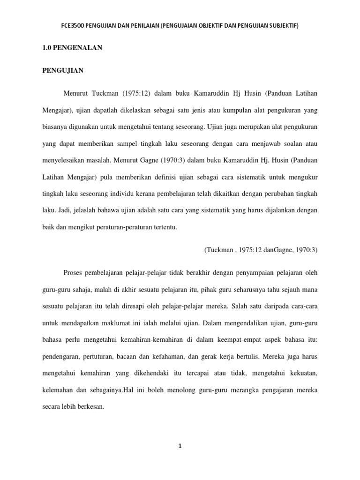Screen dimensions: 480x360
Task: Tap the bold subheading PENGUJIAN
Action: point(63,71)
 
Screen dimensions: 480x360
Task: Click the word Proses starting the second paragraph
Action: point(73,272)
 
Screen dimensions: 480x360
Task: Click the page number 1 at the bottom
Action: point(180,446)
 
